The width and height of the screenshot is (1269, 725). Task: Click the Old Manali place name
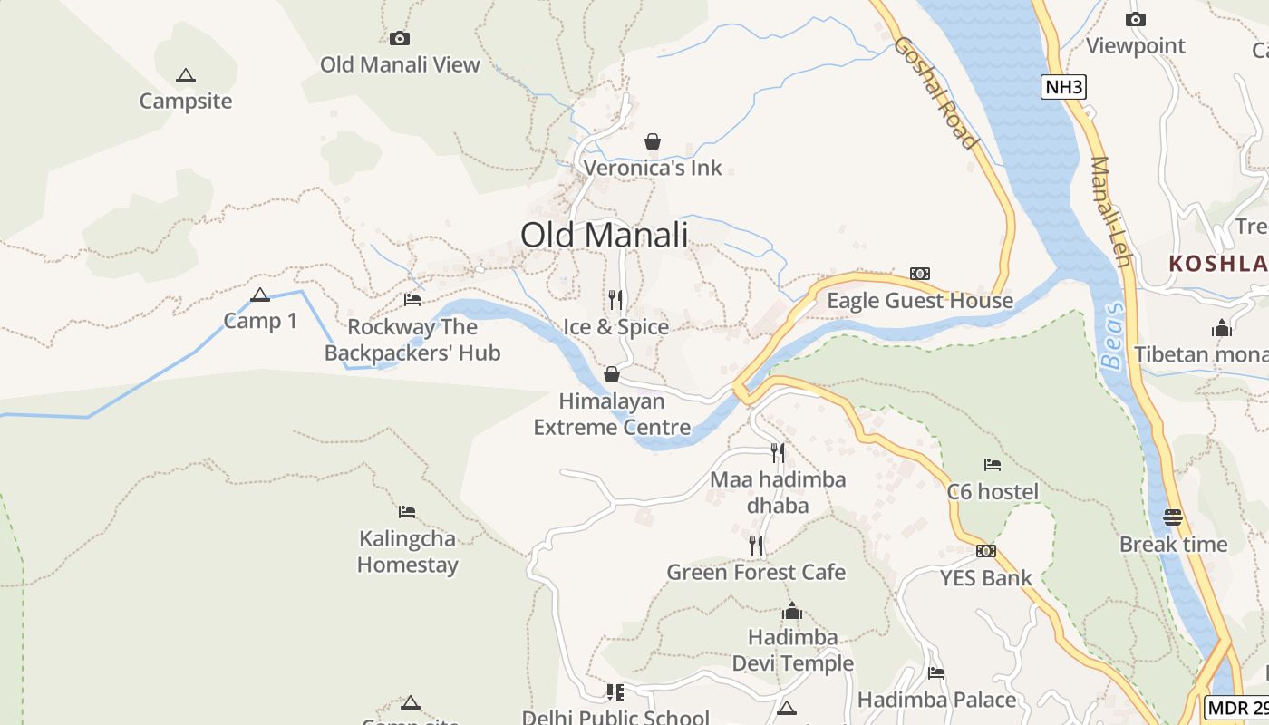604,235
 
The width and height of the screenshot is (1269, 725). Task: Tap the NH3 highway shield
1063,87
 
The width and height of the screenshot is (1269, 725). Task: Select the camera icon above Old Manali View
400,38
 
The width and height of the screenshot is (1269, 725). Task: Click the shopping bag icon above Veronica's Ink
652,141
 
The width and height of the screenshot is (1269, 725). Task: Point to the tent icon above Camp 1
260,295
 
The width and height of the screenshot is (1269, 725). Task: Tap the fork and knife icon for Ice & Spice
615,300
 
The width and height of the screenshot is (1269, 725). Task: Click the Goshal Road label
936,92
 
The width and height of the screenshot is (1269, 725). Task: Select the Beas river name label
1112,335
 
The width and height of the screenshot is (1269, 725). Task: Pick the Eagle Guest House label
920,301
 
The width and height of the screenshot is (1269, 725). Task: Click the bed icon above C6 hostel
993,465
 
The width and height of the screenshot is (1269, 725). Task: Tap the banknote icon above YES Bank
986,551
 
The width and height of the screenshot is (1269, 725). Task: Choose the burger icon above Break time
1173,517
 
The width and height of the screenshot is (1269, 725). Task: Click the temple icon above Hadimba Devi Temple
792,611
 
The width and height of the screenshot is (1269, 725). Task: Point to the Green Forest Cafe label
756,573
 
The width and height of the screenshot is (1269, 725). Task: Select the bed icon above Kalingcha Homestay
407,512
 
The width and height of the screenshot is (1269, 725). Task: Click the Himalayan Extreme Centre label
612,414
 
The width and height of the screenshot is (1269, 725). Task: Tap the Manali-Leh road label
1111,212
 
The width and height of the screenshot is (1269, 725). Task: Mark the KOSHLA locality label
1218,264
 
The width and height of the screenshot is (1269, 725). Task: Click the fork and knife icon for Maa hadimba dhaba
778,452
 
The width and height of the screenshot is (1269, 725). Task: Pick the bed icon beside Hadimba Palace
936,672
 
